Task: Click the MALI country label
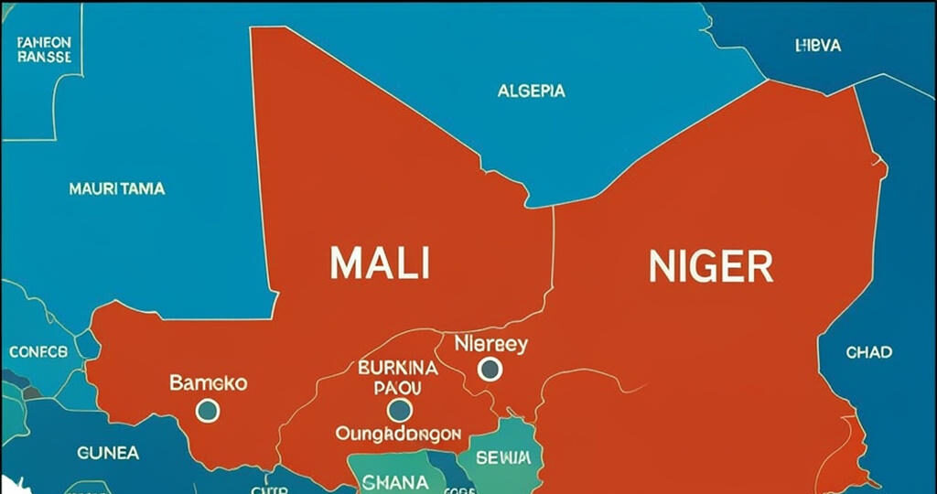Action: (x=379, y=263)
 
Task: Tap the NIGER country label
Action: (x=710, y=265)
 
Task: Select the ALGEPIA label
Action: (x=531, y=91)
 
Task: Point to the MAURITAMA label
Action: (x=117, y=189)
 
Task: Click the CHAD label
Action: (x=868, y=352)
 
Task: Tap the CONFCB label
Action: (x=38, y=351)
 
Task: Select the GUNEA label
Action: (x=108, y=453)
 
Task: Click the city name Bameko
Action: (x=208, y=382)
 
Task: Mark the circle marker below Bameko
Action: (x=208, y=410)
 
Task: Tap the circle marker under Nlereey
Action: (x=490, y=369)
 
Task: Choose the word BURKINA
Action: (x=399, y=369)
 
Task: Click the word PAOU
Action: (x=399, y=388)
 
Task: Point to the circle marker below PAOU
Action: (x=399, y=410)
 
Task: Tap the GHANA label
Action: (x=393, y=481)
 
